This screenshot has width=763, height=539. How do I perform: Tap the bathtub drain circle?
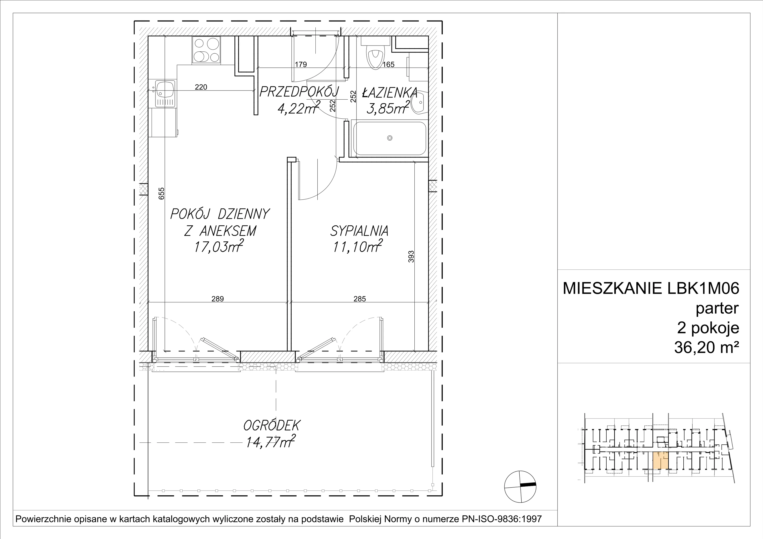390,138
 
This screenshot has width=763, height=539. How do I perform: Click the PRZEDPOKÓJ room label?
299,92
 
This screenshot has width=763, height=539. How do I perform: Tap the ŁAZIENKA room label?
389,93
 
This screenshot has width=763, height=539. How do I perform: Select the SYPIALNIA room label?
359,231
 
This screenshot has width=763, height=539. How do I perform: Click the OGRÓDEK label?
272,425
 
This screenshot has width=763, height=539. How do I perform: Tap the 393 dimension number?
411,256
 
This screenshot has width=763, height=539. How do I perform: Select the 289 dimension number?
218,299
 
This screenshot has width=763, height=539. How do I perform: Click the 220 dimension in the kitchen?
201,87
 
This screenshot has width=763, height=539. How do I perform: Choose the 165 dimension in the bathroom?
388,64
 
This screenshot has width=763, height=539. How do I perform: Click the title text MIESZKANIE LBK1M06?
651,288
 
